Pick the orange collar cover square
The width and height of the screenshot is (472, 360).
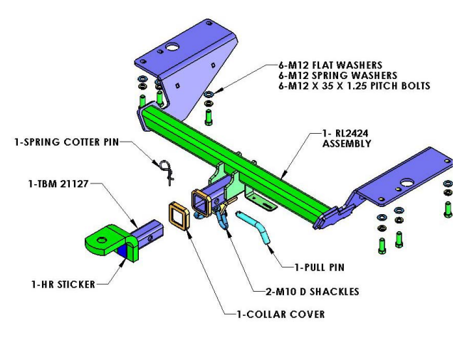178,216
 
